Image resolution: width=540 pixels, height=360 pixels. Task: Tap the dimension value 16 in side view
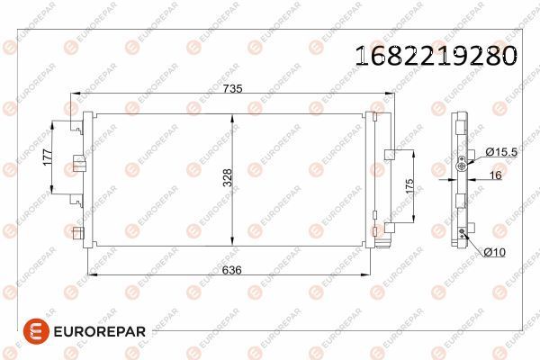click(x=494, y=176)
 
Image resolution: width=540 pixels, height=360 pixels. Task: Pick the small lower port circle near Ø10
click(x=463, y=234)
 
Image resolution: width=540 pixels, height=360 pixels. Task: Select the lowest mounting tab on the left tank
click(x=79, y=236)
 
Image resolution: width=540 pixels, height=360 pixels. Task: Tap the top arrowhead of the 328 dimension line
click(x=235, y=116)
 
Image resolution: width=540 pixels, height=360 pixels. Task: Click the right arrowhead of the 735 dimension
click(x=392, y=94)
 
